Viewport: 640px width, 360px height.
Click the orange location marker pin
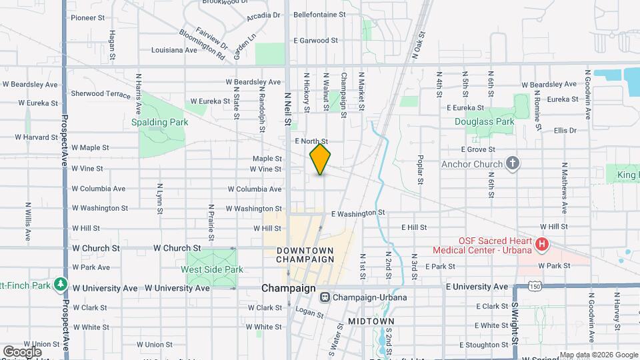320,159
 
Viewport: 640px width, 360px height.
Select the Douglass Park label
485,122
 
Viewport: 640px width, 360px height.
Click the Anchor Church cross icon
513,163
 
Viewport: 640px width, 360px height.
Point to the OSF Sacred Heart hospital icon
542,245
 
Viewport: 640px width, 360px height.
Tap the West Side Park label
212,269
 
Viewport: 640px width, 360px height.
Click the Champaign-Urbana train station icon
325,297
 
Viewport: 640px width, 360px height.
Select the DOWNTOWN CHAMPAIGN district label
305,254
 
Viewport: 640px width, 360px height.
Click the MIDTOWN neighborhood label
371,321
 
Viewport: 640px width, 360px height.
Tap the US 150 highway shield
533,286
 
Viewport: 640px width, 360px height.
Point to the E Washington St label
359,213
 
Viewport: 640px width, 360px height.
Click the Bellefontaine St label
320,13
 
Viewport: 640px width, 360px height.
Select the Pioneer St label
89,17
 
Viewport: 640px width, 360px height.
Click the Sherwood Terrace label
101,94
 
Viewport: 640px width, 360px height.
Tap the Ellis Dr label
564,130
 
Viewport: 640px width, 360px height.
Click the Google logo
22,351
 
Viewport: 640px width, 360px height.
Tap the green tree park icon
61,285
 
